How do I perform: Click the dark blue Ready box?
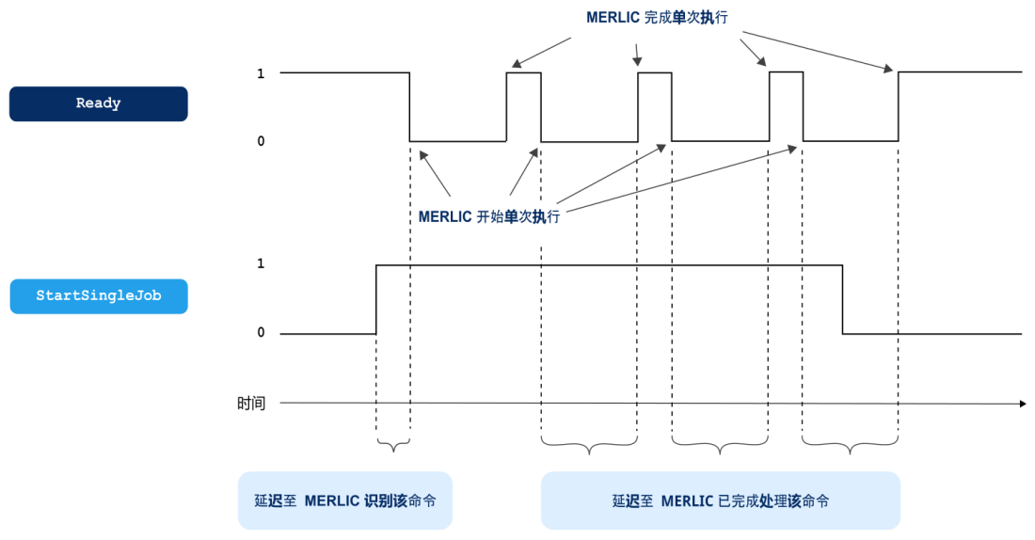point(99,103)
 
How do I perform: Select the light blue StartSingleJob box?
point(99,296)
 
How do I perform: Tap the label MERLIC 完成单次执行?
point(657,18)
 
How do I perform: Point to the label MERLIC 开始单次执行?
point(489,216)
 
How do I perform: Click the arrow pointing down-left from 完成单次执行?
point(541,53)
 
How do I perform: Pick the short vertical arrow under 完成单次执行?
point(637,55)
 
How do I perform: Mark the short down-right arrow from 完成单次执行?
point(753,52)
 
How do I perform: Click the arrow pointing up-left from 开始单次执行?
point(435,173)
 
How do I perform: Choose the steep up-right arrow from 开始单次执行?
point(524,171)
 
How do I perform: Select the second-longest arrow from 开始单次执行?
point(612,173)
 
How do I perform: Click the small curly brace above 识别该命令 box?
point(393,445)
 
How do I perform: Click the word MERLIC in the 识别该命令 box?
point(330,501)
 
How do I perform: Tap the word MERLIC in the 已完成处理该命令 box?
point(687,501)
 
